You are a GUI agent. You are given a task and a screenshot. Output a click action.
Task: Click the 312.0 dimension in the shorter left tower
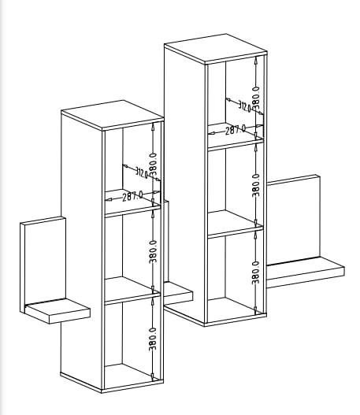[142, 172]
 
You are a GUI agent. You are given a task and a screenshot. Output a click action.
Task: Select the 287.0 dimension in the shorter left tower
[132, 196]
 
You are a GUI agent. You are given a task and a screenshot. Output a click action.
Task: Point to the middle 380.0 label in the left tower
[153, 252]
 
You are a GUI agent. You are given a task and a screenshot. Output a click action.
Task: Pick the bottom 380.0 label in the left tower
[153, 339]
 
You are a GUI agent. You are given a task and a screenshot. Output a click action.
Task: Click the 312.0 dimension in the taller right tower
[244, 106]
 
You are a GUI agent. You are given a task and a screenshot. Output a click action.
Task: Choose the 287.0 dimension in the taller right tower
[236, 130]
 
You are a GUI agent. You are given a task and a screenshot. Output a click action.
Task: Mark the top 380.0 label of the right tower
[256, 98]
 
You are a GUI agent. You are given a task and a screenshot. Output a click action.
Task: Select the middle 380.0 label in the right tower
[256, 185]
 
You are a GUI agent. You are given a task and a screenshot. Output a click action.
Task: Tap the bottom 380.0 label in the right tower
[256, 272]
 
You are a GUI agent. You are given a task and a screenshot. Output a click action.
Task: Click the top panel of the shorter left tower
[112, 115]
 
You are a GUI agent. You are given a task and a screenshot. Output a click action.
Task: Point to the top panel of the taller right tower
[216, 49]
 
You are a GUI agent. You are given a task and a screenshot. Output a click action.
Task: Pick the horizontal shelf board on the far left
[58, 311]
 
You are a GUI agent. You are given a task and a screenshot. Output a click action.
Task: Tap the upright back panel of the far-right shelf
[293, 220]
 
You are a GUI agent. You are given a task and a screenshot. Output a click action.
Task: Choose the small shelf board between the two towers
[178, 293]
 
